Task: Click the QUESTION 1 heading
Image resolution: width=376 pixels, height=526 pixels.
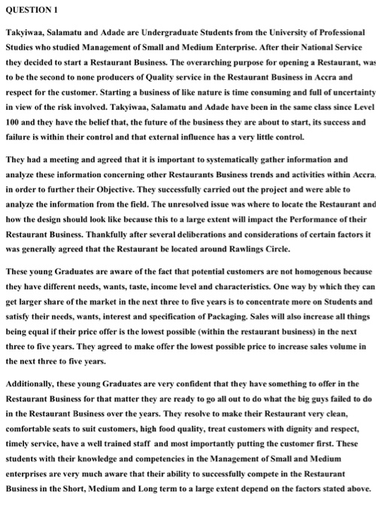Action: click(32, 10)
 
